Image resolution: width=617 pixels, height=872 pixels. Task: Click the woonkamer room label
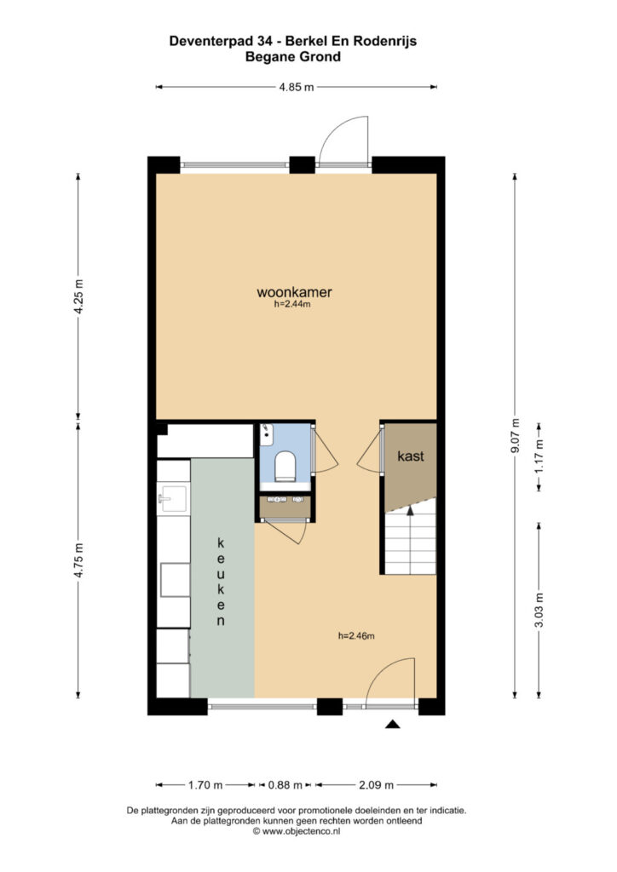tap(294, 292)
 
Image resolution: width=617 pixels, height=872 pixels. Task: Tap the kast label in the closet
tap(411, 456)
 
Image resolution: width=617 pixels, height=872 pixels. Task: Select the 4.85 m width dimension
tap(297, 87)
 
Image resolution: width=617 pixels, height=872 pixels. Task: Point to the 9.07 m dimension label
tap(516, 435)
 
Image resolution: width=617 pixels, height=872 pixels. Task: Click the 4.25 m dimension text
tap(78, 295)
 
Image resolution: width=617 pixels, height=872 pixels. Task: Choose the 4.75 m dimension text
tap(78, 560)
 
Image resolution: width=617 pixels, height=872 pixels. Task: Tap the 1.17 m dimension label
tap(539, 456)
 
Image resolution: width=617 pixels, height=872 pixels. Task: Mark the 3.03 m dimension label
tap(539, 610)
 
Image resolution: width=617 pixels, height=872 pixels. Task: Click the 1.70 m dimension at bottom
tap(205, 785)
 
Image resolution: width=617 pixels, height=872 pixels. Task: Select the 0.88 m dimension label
tap(285, 785)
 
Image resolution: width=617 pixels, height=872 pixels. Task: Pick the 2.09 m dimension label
tap(376, 785)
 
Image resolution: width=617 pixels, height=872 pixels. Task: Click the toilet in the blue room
tap(285, 466)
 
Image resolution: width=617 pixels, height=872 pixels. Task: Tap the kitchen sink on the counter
tap(173, 497)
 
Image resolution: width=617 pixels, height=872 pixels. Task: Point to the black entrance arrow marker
tap(394, 724)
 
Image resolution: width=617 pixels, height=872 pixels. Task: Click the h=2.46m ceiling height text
tap(356, 636)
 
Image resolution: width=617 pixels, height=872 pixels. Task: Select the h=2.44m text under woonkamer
tap(292, 304)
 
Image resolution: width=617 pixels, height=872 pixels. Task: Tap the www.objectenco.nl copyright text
tap(297, 831)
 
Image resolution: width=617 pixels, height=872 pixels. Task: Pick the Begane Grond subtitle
tap(293, 57)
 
